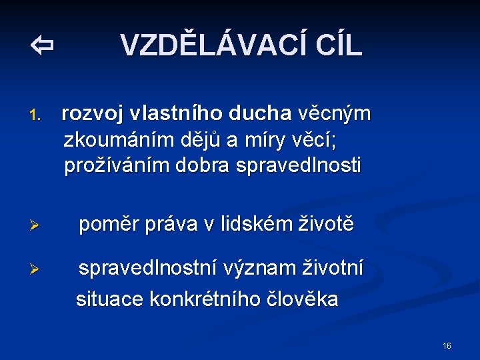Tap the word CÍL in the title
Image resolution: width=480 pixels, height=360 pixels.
[x=331, y=45]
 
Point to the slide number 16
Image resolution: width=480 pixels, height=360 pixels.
[x=447, y=346]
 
